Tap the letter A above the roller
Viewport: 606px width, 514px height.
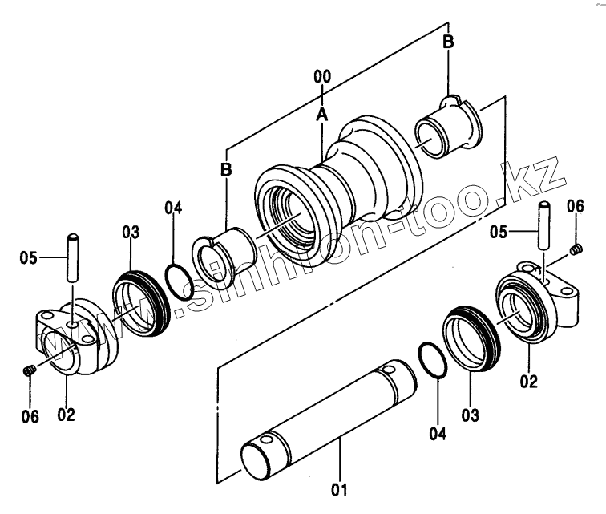click(x=322, y=114)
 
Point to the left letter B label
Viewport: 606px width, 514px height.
click(x=227, y=169)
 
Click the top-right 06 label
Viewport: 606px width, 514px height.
click(x=576, y=207)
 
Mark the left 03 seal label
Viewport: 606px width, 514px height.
click(x=131, y=233)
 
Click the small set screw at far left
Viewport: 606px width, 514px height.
click(x=29, y=370)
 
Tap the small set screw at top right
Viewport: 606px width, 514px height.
click(x=576, y=253)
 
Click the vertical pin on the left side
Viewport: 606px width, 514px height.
click(x=74, y=255)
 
